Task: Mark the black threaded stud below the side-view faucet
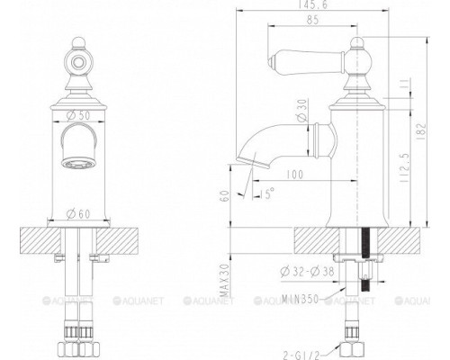click(x=365, y=261)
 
